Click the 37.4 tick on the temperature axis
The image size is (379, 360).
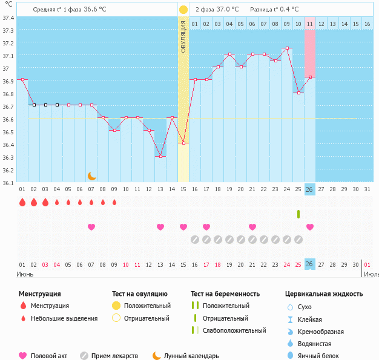[x=8, y=18]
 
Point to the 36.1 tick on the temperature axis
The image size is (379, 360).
[x=8, y=183]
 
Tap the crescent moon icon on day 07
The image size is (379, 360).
[x=91, y=176]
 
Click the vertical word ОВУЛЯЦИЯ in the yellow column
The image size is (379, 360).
[x=183, y=36]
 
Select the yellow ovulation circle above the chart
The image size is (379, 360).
[x=183, y=10]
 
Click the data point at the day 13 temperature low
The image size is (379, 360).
[x=160, y=157]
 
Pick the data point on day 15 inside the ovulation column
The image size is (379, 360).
[x=183, y=143]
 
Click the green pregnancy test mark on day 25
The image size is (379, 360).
[x=298, y=214]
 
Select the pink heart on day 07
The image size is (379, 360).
[x=91, y=227]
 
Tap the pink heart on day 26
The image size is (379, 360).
[x=310, y=227]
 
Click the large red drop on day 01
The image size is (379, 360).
[x=22, y=203]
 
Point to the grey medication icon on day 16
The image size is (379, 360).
[x=195, y=240]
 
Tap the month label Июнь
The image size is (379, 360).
[x=25, y=274]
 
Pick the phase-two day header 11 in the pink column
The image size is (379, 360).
[x=309, y=24]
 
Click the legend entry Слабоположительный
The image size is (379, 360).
[x=234, y=330]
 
